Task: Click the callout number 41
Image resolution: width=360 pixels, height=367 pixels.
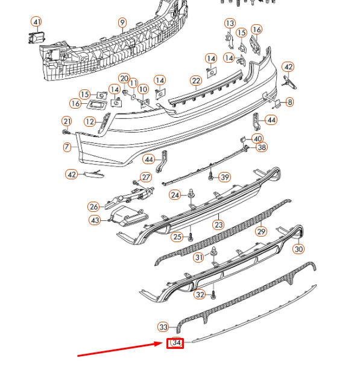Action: tap(37, 23)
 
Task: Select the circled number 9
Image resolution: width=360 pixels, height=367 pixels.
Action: tap(122, 24)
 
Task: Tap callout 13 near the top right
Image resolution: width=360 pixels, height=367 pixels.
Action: tap(230, 24)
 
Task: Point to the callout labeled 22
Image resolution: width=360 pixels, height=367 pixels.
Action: tap(195, 81)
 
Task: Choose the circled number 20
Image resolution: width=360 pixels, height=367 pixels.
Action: tap(124, 78)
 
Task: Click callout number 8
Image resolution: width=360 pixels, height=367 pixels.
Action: tap(289, 103)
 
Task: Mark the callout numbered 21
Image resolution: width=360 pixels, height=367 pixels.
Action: tap(66, 121)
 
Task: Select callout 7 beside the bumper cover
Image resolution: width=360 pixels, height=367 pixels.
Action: tap(67, 147)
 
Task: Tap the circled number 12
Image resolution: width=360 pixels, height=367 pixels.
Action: tap(89, 122)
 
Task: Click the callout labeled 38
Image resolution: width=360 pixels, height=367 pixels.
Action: tap(261, 147)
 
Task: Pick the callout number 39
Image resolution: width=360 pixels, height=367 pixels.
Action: tap(224, 177)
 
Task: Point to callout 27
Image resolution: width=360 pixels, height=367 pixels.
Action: tap(145, 177)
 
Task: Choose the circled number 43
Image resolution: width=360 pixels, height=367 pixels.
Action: tap(95, 221)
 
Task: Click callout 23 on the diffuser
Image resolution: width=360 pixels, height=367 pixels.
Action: tap(218, 225)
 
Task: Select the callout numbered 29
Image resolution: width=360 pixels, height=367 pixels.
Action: tap(261, 231)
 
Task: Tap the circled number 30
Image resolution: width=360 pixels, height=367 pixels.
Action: tap(299, 248)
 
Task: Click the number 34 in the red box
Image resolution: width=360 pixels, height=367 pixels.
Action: tap(176, 343)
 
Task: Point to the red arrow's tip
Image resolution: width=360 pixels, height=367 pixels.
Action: tap(164, 344)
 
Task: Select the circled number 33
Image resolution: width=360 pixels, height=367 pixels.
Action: tap(163, 327)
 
